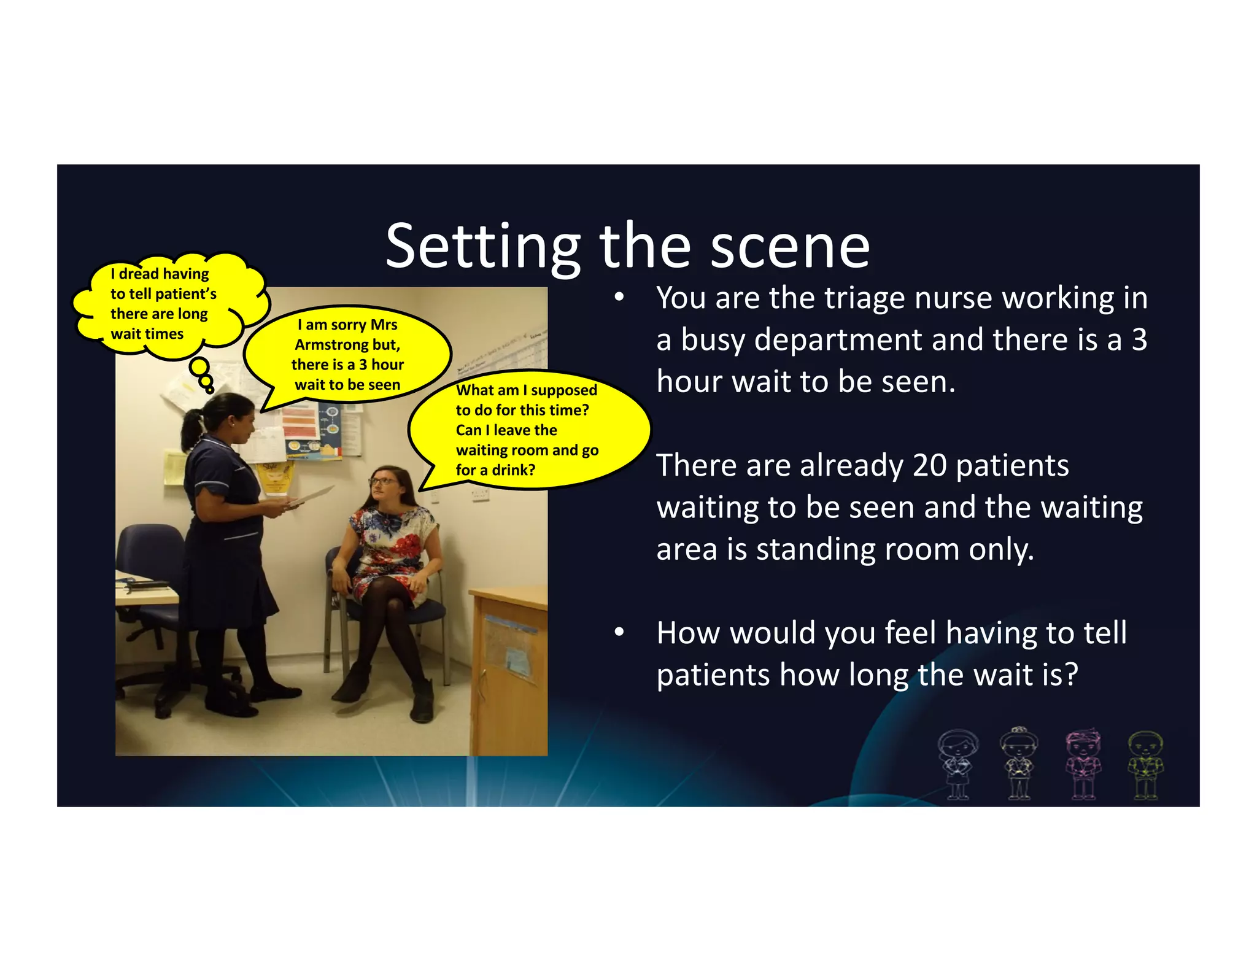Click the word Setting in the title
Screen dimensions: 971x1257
click(482, 247)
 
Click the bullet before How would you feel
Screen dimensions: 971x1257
click(619, 632)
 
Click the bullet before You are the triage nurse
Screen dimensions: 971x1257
click(619, 298)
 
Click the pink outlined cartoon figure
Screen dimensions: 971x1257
click(1083, 764)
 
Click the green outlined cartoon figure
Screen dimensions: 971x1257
click(1145, 765)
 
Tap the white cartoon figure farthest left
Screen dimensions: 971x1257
click(957, 765)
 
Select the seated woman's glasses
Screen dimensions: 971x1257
click(384, 482)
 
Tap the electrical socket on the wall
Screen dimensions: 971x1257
click(479, 495)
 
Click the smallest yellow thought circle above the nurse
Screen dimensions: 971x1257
click(210, 390)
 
